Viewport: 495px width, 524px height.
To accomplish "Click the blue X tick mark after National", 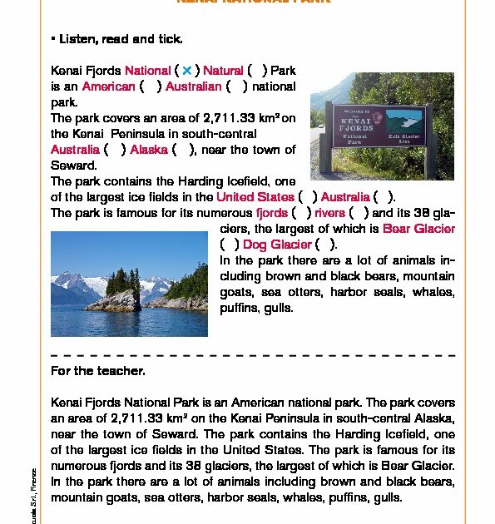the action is (187, 71).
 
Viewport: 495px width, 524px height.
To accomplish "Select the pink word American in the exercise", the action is (108, 87).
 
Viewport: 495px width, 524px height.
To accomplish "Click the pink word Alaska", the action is (149, 150).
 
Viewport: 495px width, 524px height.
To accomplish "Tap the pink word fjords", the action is (272, 213).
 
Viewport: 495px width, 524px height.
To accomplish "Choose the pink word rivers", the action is (329, 213).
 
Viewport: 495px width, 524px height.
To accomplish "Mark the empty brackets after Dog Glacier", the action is (326, 245).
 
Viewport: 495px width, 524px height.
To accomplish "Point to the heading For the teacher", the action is (98, 371).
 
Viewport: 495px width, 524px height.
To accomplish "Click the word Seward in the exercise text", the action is (74, 166).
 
